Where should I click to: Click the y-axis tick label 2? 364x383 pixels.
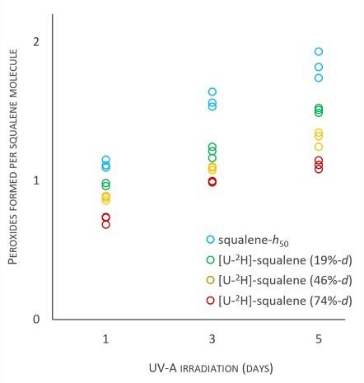pos(35,42)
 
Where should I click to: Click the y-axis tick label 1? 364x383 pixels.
pos(35,180)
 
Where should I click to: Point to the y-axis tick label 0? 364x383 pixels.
pos(35,320)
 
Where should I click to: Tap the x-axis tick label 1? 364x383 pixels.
pos(105,339)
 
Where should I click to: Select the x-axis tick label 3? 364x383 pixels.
pos(212,339)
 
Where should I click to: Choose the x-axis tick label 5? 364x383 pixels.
pos(319,339)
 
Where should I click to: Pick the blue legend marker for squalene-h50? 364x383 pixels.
pos(211,240)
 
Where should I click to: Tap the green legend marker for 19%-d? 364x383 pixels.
pos(211,259)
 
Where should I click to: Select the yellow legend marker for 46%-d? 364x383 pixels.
pos(211,278)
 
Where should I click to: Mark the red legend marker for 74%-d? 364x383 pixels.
pos(211,298)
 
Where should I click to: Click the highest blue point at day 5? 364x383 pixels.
pos(319,52)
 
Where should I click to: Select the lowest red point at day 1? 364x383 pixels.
pos(105,224)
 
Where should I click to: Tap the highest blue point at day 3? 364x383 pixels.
pos(212,92)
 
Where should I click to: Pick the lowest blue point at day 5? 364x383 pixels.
pos(319,78)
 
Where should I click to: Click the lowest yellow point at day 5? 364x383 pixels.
pos(319,147)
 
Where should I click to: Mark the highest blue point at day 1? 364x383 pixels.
pos(105,160)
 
